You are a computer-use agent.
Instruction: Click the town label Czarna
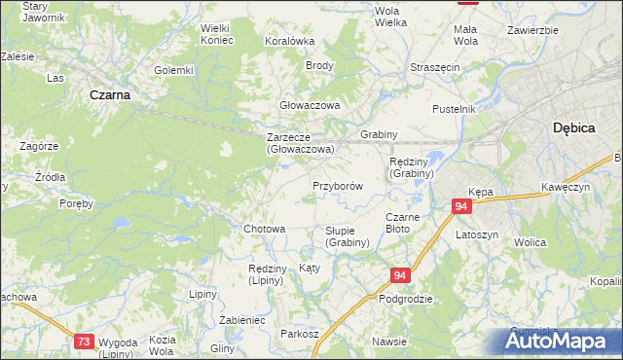click(x=110, y=95)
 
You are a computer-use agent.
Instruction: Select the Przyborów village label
click(x=338, y=186)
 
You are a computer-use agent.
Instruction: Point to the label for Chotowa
click(x=264, y=229)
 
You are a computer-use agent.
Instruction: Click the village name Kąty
click(x=310, y=267)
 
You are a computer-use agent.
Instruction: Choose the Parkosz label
click(x=300, y=333)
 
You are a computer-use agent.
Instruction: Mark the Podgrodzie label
click(x=405, y=300)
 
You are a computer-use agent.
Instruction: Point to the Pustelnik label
click(x=455, y=109)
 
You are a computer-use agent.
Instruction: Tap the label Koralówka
click(x=290, y=41)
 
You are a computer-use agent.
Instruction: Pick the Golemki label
click(x=174, y=70)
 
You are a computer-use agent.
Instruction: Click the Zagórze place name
click(x=40, y=146)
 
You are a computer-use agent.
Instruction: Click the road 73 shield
click(x=85, y=341)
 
